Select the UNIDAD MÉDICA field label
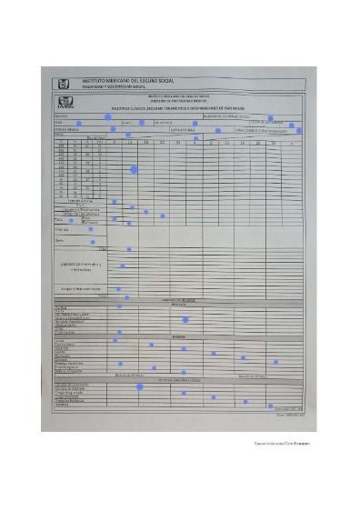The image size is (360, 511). click(x=64, y=129)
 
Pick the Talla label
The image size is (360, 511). click(x=60, y=219)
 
